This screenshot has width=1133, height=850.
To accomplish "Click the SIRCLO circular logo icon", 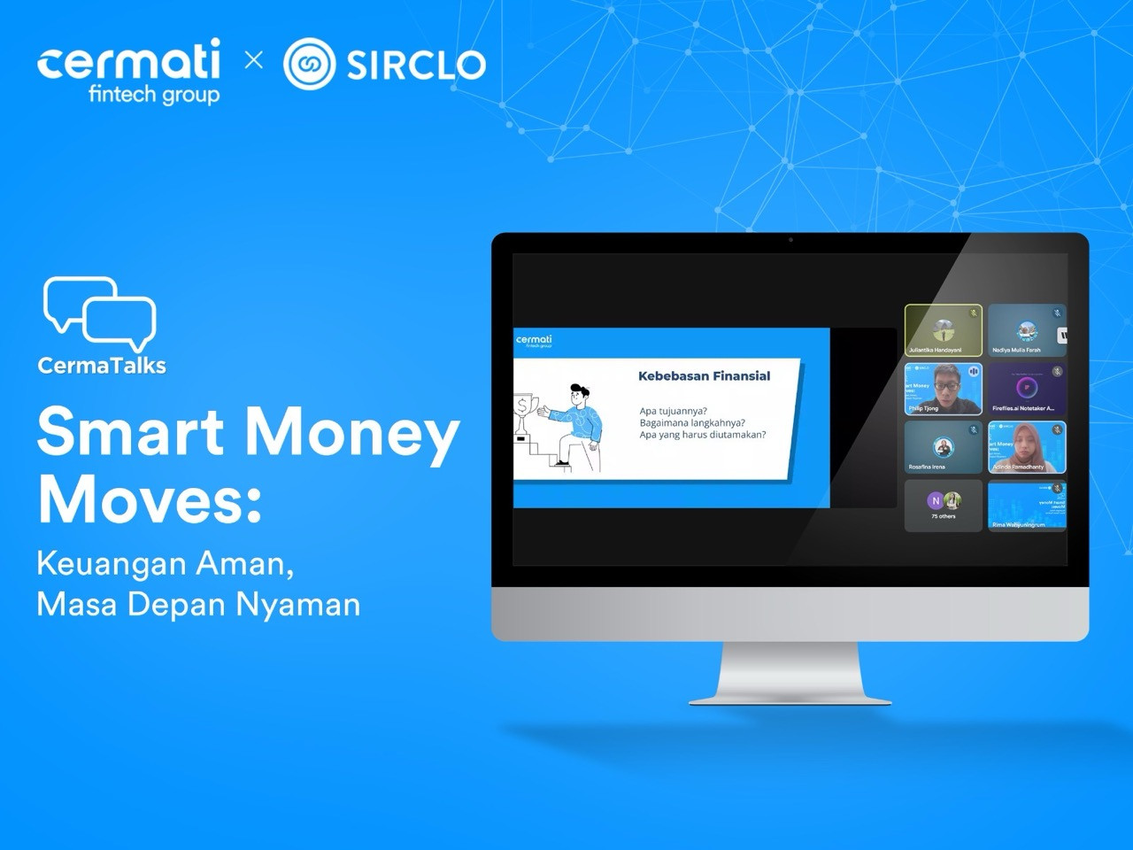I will point(309,64).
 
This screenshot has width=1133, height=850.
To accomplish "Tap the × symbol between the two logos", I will point(254,59).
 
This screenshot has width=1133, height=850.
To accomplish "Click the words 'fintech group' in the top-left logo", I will point(154,94).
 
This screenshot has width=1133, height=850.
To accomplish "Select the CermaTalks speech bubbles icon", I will point(99,313).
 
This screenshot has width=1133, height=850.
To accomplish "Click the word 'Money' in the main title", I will point(351,434).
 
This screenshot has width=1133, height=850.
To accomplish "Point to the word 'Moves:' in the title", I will point(150,499).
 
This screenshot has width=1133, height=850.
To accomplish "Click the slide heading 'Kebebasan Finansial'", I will point(704,375).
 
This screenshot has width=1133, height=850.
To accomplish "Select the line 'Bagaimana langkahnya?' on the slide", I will point(692,422).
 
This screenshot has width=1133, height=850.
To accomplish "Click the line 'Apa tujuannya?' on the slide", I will point(674,411).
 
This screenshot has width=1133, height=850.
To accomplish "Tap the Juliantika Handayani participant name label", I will point(935,350).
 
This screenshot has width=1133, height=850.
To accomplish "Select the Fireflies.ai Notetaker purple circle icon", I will point(1027,387).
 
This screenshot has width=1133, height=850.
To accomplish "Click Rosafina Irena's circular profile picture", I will point(944,447).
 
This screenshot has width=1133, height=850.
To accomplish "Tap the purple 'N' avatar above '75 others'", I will point(936,500).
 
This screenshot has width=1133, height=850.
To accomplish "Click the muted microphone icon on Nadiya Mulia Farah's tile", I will point(1057,313).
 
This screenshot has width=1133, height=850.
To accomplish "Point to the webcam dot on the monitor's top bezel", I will point(790,240).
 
